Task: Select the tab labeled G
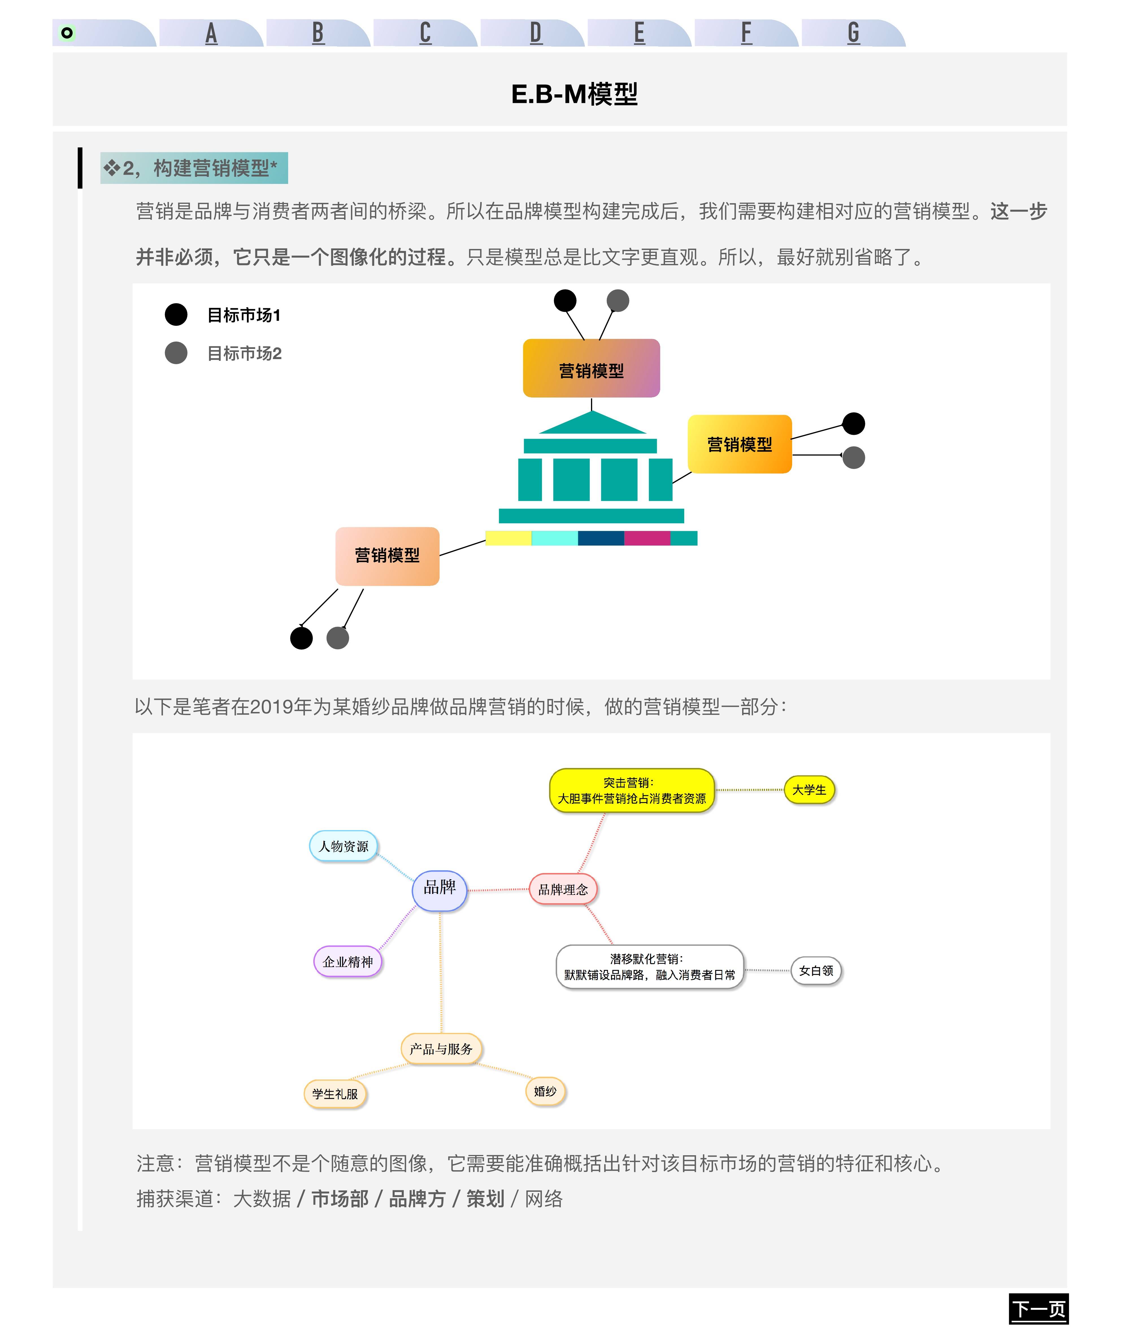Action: (853, 33)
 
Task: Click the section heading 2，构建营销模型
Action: (194, 168)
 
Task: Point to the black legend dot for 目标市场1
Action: (176, 314)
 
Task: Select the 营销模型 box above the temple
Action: (591, 368)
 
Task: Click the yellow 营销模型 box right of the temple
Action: (739, 444)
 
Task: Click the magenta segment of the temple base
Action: (647, 538)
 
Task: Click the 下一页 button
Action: (1038, 1308)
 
